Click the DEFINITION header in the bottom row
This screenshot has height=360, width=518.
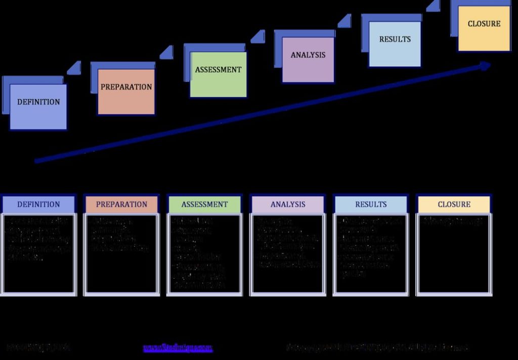(x=38, y=204)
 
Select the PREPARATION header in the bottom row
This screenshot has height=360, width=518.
(x=121, y=204)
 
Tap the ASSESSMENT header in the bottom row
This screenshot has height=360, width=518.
(x=204, y=204)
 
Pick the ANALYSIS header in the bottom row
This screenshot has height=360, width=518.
(x=288, y=204)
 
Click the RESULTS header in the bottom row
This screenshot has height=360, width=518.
(x=371, y=204)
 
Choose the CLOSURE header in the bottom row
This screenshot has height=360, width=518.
(x=454, y=204)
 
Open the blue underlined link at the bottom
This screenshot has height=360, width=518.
(x=178, y=348)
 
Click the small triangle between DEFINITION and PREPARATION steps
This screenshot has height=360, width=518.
(x=75, y=68)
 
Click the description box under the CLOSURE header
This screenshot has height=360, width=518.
(x=454, y=254)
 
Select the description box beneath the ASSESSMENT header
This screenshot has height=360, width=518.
(x=204, y=254)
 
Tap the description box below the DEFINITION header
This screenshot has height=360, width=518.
(x=38, y=254)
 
